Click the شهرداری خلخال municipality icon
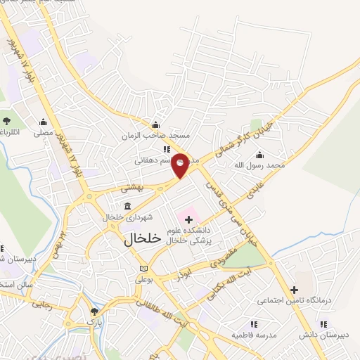coord(127,206)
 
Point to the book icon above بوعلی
coord(143,269)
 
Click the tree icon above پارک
coord(94,311)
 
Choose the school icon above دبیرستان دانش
coord(323,324)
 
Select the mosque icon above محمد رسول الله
coord(261,155)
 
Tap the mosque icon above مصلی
coord(44,121)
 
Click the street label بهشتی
coord(132,188)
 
